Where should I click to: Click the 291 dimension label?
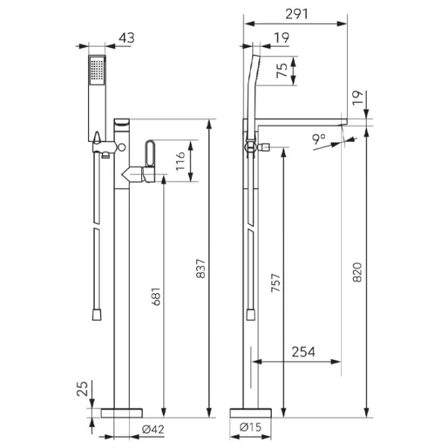(x=296, y=14)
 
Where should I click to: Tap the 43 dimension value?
(x=127, y=38)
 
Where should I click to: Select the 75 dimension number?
(x=282, y=70)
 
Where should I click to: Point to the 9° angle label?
(x=319, y=139)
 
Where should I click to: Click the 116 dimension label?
(x=180, y=161)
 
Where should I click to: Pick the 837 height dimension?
(x=201, y=269)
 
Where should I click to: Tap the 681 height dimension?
(x=156, y=296)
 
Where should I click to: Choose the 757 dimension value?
(x=276, y=283)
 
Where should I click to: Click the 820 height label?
(x=357, y=273)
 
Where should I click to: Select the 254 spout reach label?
(x=303, y=352)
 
